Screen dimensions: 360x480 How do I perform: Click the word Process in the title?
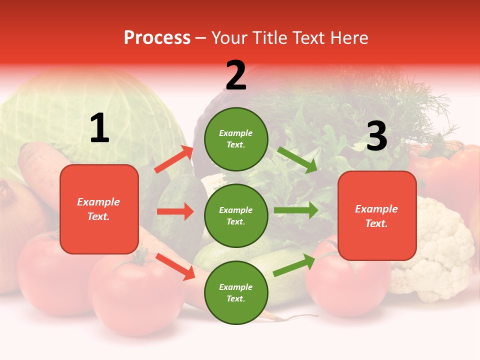pyautogui.click(x=157, y=38)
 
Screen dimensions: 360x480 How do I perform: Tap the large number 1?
pyautogui.click(x=99, y=128)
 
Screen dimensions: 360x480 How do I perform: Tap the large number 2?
pyautogui.click(x=236, y=75)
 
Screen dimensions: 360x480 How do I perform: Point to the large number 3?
pyautogui.click(x=376, y=136)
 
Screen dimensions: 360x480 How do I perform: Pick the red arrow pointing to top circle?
pyautogui.click(x=174, y=159)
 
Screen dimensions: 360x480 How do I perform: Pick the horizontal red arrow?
pyautogui.click(x=175, y=211)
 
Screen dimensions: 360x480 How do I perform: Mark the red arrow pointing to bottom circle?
pyautogui.click(x=175, y=266)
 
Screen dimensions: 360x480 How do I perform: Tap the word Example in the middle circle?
pyautogui.click(x=236, y=210)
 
